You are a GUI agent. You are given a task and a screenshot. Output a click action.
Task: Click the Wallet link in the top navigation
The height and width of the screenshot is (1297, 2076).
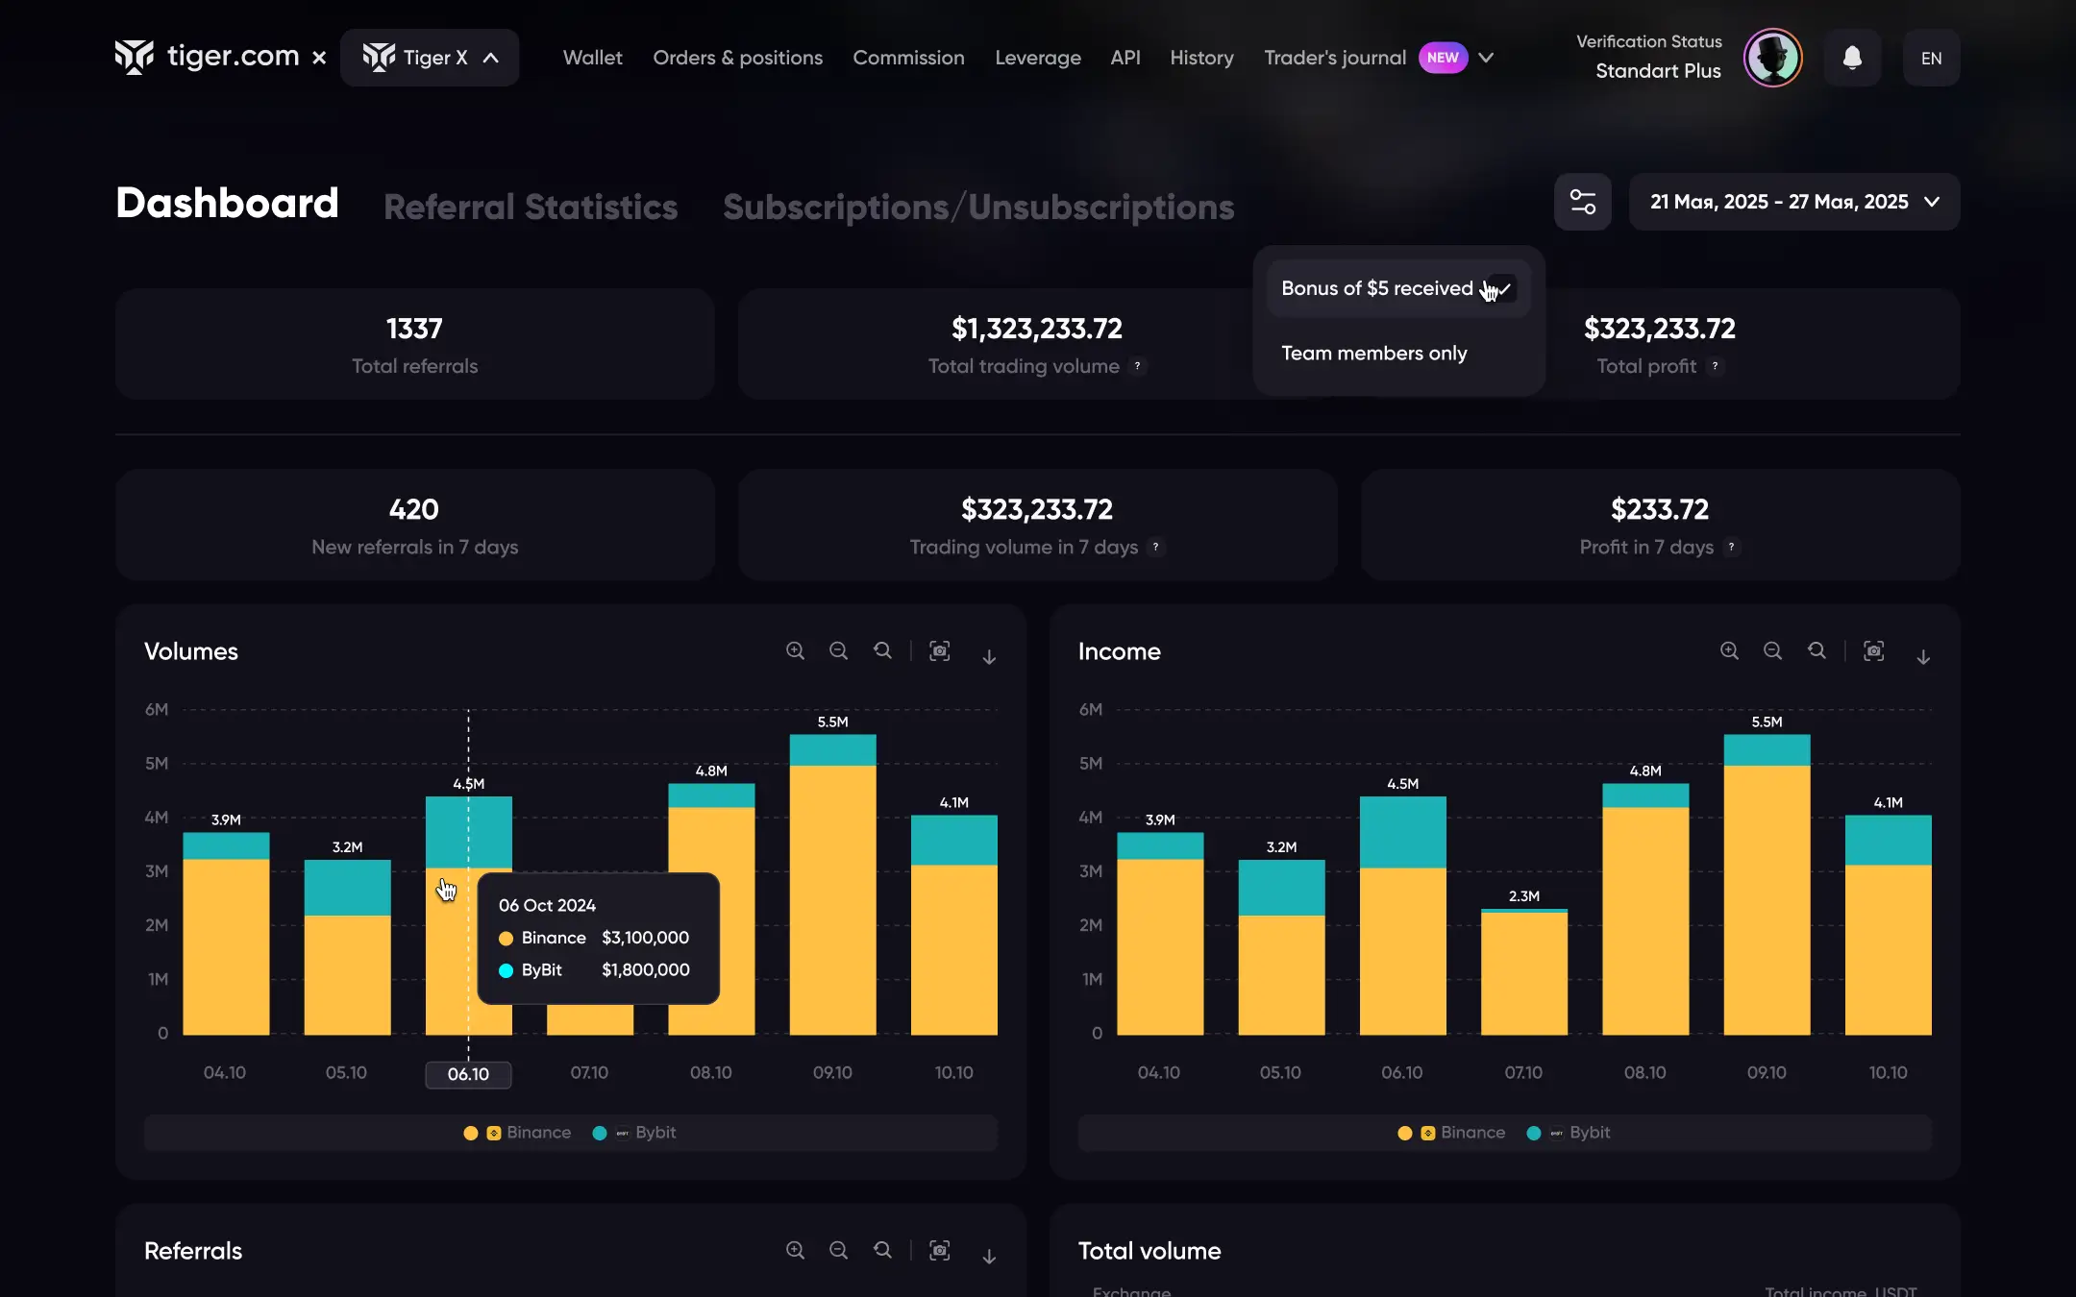[x=592, y=58]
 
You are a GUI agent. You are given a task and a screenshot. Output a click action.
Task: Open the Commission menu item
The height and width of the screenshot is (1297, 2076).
[x=908, y=58]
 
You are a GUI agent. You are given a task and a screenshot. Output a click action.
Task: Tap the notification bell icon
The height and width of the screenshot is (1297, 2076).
[x=1852, y=58]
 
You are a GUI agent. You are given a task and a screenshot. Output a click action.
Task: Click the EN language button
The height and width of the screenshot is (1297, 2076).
[x=1931, y=58]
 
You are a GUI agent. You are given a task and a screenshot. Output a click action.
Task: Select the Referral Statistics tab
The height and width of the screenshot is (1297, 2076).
[x=531, y=207]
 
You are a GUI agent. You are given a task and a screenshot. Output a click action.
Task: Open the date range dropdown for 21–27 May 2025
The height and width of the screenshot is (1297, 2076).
[x=1794, y=202]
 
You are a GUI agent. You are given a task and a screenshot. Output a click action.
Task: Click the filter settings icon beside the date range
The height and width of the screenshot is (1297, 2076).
[x=1582, y=202]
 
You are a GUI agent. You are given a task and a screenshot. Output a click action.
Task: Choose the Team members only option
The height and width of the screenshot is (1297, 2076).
[x=1373, y=353]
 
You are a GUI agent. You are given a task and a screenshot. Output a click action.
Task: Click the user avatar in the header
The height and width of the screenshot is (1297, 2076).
[x=1772, y=58]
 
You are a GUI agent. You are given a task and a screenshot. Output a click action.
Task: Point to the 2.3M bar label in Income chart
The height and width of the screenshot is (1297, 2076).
[x=1523, y=895]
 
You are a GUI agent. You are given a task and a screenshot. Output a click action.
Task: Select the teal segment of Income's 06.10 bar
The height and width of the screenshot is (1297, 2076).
[x=1402, y=832]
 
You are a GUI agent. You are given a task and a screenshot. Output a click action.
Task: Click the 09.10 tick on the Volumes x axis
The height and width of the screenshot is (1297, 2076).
[x=832, y=1072]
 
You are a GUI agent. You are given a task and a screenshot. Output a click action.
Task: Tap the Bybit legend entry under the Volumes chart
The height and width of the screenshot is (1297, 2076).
[x=635, y=1133]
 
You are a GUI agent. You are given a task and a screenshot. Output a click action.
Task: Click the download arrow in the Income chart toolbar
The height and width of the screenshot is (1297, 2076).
[x=1923, y=656]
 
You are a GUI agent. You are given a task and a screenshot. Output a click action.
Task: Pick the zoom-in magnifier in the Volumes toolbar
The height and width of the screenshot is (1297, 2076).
[x=795, y=651]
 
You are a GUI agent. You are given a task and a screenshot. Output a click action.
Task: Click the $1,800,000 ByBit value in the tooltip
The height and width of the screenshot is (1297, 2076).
[x=645, y=969]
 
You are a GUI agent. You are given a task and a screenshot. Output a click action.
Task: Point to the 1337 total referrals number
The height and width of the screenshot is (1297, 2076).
[x=414, y=329]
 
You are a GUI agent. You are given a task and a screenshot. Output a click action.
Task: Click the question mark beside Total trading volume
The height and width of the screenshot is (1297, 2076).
[x=1137, y=366]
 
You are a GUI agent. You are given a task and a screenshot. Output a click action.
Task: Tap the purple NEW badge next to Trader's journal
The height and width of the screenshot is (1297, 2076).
[x=1443, y=58]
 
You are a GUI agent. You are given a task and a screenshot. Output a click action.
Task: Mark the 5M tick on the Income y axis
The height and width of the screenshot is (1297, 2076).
[x=1090, y=764]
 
